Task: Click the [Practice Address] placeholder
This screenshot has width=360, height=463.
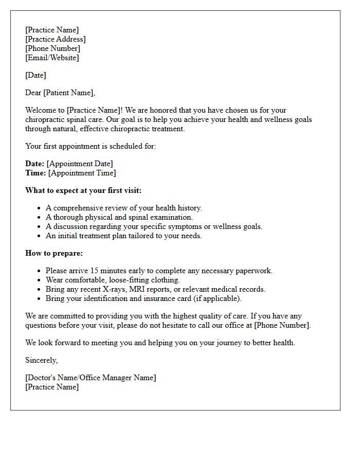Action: tap(56, 39)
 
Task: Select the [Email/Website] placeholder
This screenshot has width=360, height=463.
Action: tap(52, 58)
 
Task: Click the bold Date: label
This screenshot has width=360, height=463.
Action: tap(34, 164)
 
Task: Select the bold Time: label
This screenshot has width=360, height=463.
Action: tap(35, 173)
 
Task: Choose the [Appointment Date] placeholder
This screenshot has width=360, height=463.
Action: tap(80, 164)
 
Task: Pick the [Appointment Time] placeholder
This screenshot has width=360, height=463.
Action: tap(82, 173)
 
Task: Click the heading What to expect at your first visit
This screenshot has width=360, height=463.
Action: tap(83, 190)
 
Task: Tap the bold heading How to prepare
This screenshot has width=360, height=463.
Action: tap(54, 253)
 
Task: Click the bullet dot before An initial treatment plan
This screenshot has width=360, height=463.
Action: tap(39, 236)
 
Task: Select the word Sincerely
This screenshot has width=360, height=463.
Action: tap(42, 360)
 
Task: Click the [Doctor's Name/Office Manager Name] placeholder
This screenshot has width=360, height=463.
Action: tap(91, 378)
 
